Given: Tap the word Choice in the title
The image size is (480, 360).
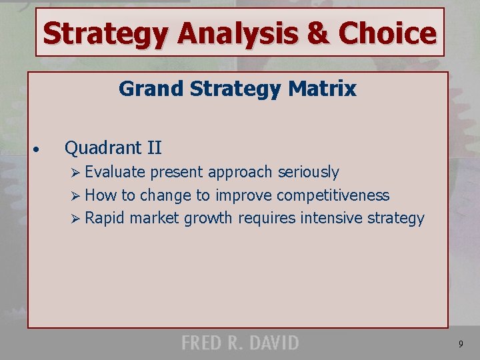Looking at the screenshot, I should tap(387, 33).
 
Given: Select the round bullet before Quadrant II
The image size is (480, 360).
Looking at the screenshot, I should tap(41, 149).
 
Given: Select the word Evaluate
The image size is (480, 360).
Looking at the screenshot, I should tap(115, 172).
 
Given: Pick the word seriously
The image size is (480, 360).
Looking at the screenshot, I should tap(308, 172).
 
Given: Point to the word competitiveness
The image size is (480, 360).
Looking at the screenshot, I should tap(333, 195).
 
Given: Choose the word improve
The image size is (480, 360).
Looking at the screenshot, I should tap(243, 195).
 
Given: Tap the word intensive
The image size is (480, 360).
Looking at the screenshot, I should tap(331, 218).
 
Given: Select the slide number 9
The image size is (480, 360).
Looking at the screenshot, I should tap(461, 344).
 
